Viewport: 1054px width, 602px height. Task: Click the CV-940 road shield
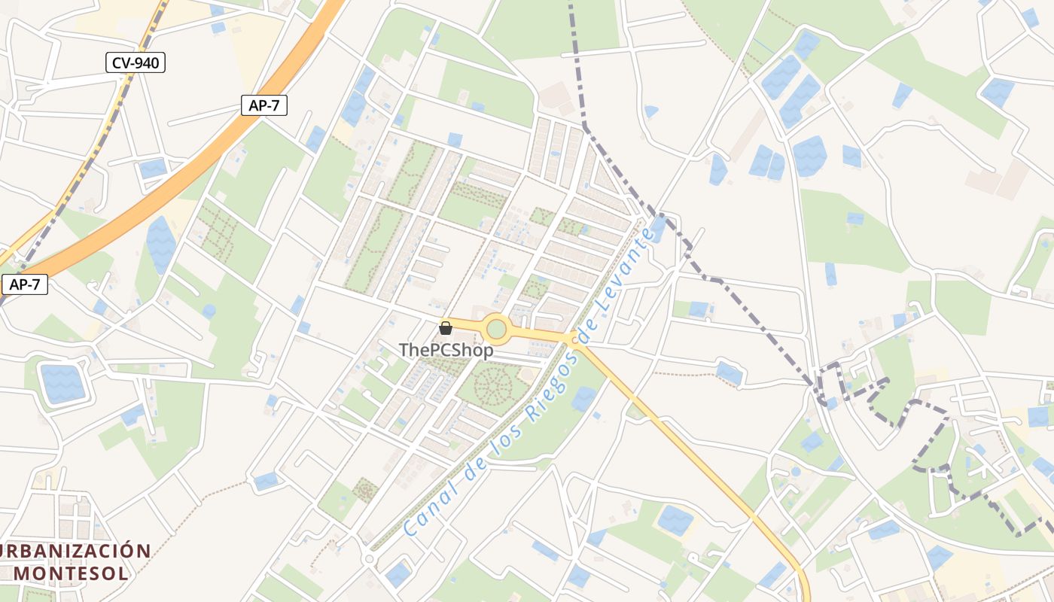[136, 62]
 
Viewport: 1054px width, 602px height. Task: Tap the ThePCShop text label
[446, 350]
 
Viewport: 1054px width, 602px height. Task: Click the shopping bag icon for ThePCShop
[445, 327]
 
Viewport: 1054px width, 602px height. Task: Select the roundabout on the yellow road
[496, 330]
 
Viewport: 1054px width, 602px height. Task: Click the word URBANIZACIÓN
[75, 551]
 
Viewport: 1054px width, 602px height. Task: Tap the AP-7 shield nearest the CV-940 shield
[263, 105]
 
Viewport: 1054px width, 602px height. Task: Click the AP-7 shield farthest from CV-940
[24, 284]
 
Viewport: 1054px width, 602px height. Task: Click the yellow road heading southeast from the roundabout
[678, 444]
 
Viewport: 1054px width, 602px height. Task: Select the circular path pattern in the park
[493, 385]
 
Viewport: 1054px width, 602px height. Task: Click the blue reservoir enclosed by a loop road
[62, 382]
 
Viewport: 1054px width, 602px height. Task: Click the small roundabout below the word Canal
[368, 560]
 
